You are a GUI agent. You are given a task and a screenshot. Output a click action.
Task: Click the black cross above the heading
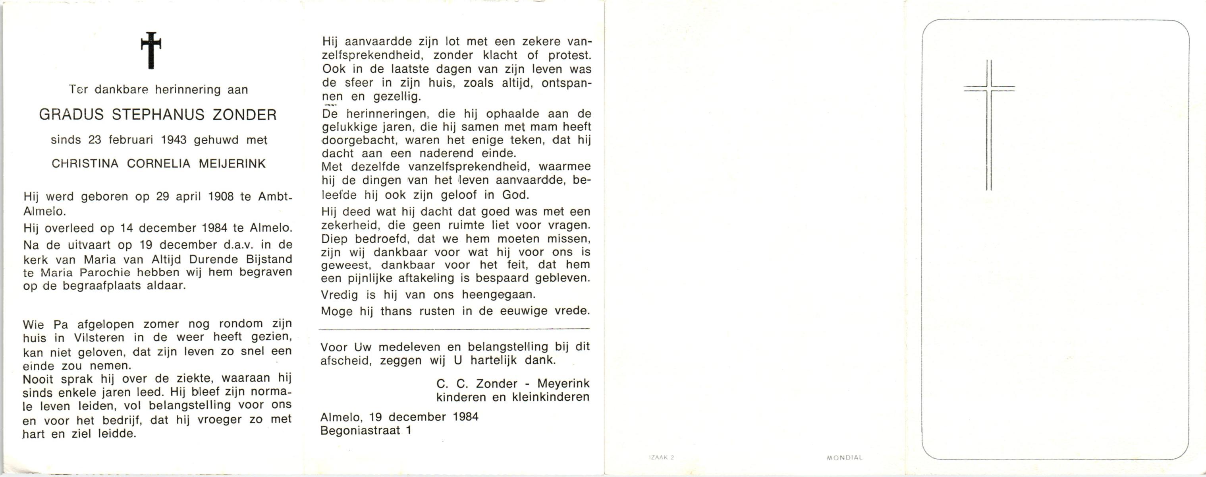[151, 50]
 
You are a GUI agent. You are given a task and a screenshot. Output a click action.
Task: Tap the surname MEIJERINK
[232, 163]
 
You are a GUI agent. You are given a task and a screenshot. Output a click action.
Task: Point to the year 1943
[173, 140]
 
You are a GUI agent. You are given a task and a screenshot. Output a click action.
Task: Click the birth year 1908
[220, 196]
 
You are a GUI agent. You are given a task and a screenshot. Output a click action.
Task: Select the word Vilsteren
[99, 338]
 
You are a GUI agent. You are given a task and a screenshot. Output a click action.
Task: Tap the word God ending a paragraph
[515, 194]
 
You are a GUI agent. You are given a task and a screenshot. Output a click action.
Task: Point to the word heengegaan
[498, 295]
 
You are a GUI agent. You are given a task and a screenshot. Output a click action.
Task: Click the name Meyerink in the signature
[563, 383]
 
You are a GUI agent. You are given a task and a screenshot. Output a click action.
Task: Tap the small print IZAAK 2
[662, 457]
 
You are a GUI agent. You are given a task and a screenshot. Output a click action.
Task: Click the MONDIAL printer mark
[844, 457]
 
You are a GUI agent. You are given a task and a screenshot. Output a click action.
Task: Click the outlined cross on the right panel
[989, 125]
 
